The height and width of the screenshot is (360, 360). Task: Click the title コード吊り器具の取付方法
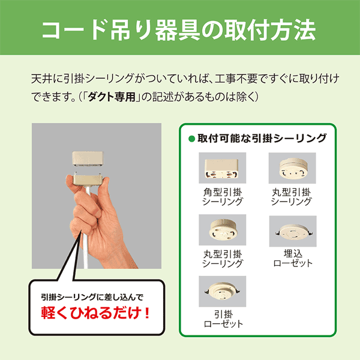(x=179, y=30)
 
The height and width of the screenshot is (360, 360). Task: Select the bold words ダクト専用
(x=112, y=97)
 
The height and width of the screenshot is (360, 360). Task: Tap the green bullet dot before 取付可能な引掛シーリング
(x=191, y=139)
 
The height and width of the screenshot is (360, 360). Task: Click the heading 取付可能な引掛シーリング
(x=262, y=139)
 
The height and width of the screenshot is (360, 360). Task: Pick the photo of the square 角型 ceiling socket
(x=222, y=168)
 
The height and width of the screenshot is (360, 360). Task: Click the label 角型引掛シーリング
(x=222, y=197)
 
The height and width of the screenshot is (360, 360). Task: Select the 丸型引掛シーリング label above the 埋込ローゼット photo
(x=291, y=197)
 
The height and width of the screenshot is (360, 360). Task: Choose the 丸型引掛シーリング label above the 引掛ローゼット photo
(x=222, y=259)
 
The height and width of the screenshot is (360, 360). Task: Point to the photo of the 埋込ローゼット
(x=293, y=231)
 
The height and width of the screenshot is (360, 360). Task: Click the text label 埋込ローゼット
(x=293, y=259)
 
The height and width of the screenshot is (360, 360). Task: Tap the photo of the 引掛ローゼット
(x=222, y=292)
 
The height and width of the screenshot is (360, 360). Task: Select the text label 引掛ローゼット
(x=223, y=319)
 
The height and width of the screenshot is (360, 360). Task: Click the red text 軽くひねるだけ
(x=91, y=313)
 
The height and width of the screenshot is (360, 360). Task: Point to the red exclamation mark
(x=148, y=313)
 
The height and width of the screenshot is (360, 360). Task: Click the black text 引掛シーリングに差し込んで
(x=92, y=297)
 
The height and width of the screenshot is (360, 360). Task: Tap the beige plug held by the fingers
(x=88, y=180)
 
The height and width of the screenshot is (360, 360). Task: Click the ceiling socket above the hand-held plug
(x=88, y=158)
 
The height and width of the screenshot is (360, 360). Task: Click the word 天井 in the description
(x=41, y=79)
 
